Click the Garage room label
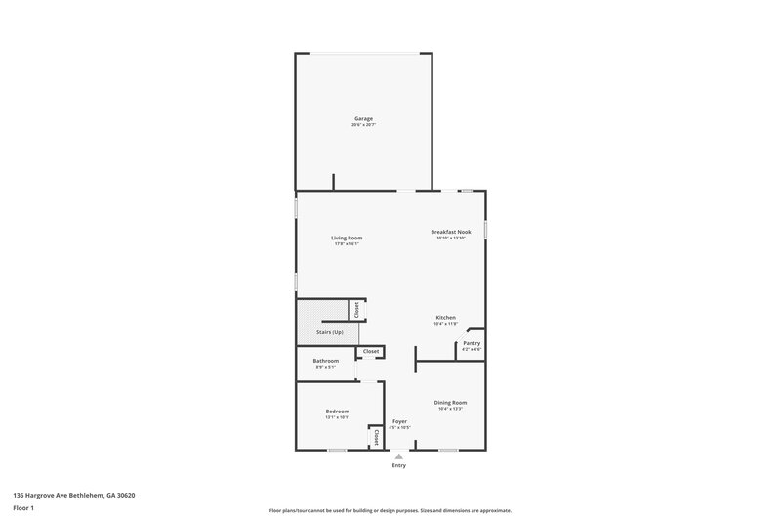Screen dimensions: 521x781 [364, 118]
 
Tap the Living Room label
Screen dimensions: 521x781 [347, 238]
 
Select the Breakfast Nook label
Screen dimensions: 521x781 [451, 232]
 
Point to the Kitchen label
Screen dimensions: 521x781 [445, 318]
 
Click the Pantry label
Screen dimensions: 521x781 [472, 343]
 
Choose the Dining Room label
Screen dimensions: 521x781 [450, 402]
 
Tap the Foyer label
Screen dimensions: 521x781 [399, 420]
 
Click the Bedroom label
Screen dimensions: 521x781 [338, 412]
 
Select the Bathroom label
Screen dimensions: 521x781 [326, 361]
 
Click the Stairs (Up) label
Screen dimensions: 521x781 [330, 332]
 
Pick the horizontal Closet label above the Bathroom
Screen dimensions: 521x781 [371, 351]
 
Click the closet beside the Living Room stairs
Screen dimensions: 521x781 [357, 309]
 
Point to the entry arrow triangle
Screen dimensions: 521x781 [398, 456]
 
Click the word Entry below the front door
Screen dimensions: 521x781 [398, 465]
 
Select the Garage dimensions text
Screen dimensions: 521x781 [364, 125]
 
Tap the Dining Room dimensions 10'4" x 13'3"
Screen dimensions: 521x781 [450, 409]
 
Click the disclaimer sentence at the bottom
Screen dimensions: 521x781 [390, 510]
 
